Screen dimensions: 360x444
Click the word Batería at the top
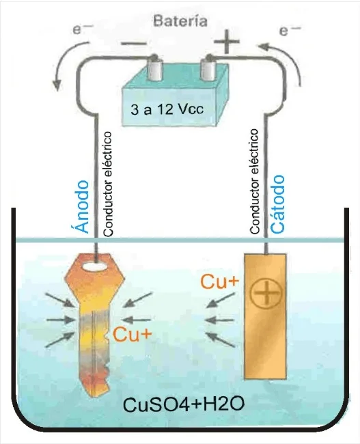coord(180,21)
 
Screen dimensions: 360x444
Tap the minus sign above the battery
coord(134,44)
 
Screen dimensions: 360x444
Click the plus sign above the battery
coord(227,42)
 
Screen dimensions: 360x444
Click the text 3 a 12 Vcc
coord(167,109)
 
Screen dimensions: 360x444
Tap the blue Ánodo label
coord(83,206)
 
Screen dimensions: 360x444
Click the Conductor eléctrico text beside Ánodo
coord(108,184)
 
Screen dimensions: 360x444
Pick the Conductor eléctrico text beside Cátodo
coord(254,181)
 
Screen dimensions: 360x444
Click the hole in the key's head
coord(96,266)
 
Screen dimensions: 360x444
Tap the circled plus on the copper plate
coord(266,294)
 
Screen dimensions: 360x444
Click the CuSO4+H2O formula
coord(184,404)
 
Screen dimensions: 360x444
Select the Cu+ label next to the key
coord(132,335)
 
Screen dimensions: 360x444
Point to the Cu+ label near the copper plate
coord(220,281)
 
